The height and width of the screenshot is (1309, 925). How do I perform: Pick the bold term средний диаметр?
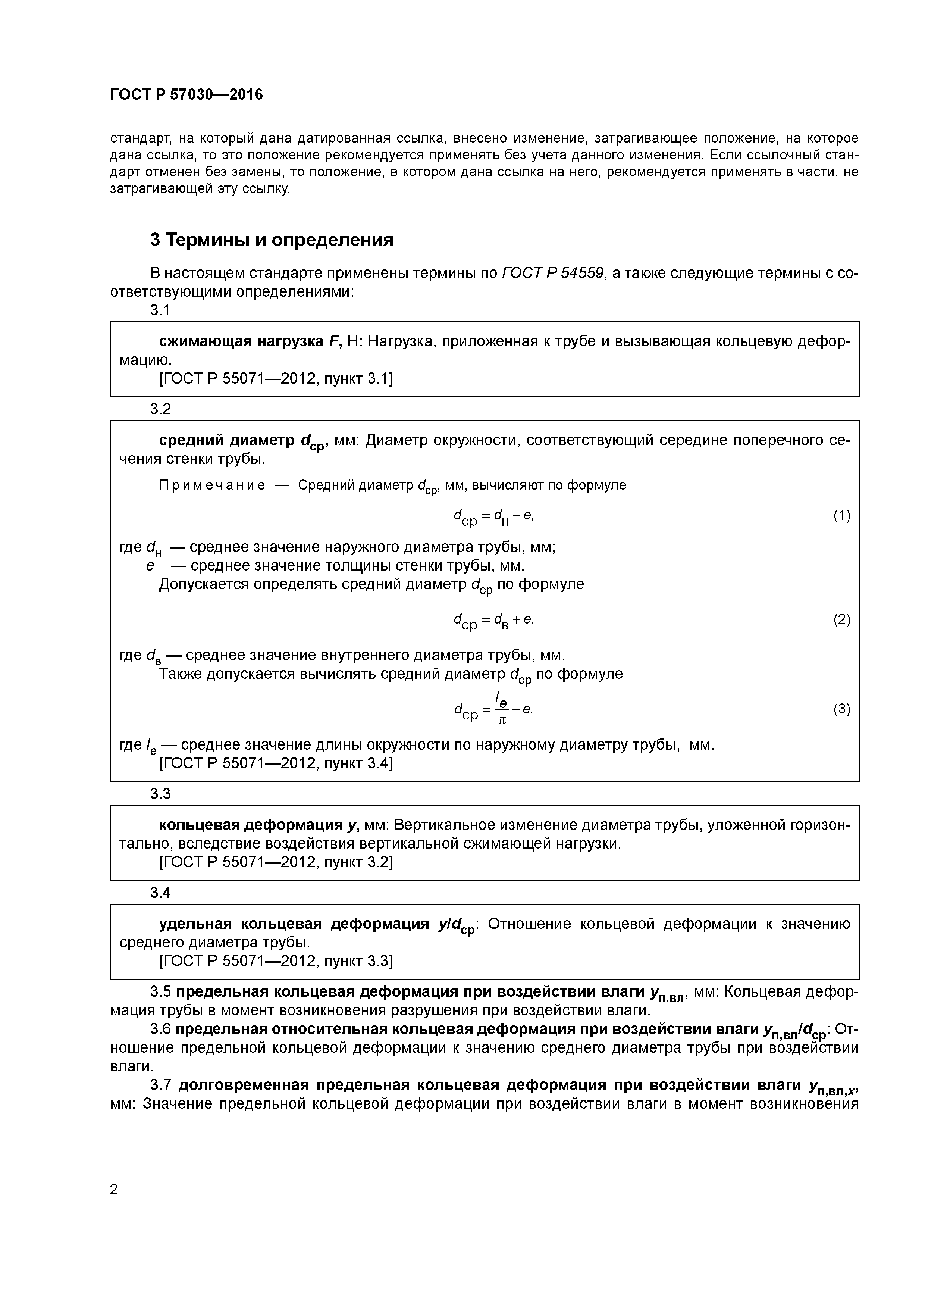click(228, 440)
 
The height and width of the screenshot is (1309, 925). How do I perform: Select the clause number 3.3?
click(160, 794)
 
